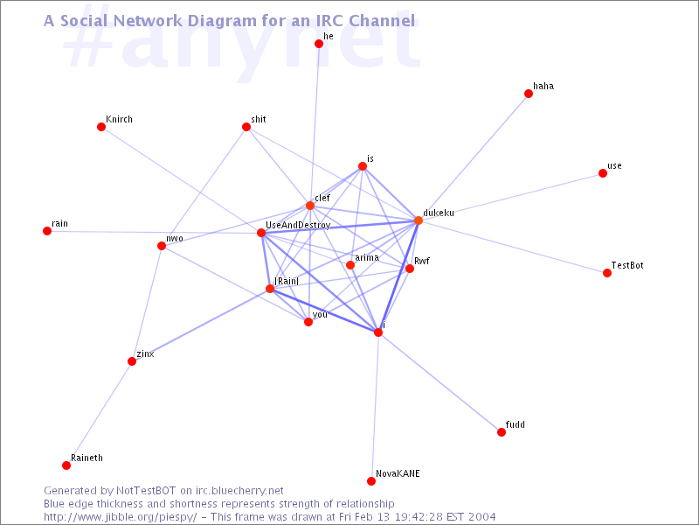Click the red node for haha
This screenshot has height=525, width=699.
point(529,94)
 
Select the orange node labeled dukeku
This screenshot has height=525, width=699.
point(419,220)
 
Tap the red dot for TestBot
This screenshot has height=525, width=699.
point(606,273)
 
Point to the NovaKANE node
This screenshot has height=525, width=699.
point(370,480)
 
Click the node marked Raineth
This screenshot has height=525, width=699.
point(66,465)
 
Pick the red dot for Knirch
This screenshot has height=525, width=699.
point(101,127)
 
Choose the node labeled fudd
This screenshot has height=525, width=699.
point(502,432)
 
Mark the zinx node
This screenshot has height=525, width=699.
point(132,361)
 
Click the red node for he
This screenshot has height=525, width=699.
point(319,44)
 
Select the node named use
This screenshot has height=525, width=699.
point(603,173)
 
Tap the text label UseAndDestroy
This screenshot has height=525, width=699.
point(298,225)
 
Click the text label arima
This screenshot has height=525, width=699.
point(367,257)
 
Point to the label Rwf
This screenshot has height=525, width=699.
point(422,261)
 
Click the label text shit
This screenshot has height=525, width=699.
point(259,119)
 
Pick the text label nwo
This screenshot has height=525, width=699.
point(174,239)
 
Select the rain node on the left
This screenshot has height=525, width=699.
point(47,231)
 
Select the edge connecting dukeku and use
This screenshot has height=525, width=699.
point(510,197)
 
